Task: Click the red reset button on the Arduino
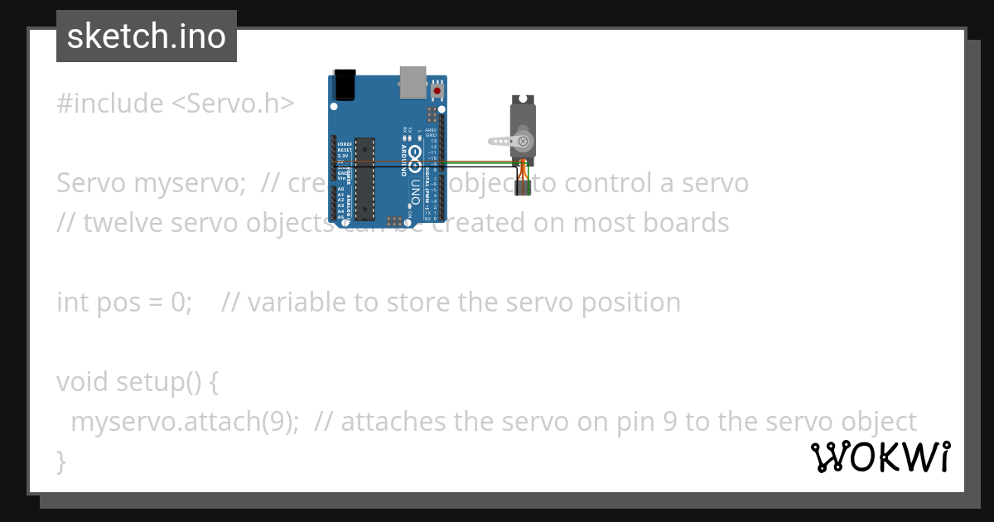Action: pos(437,89)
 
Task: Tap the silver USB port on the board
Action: pos(412,80)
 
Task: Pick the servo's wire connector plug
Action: pos(521,188)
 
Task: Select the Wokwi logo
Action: pos(881,457)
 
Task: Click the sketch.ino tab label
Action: pos(147,36)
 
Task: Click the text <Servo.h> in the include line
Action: pos(233,104)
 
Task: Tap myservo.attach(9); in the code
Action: pos(185,422)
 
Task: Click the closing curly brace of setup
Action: pos(61,460)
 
